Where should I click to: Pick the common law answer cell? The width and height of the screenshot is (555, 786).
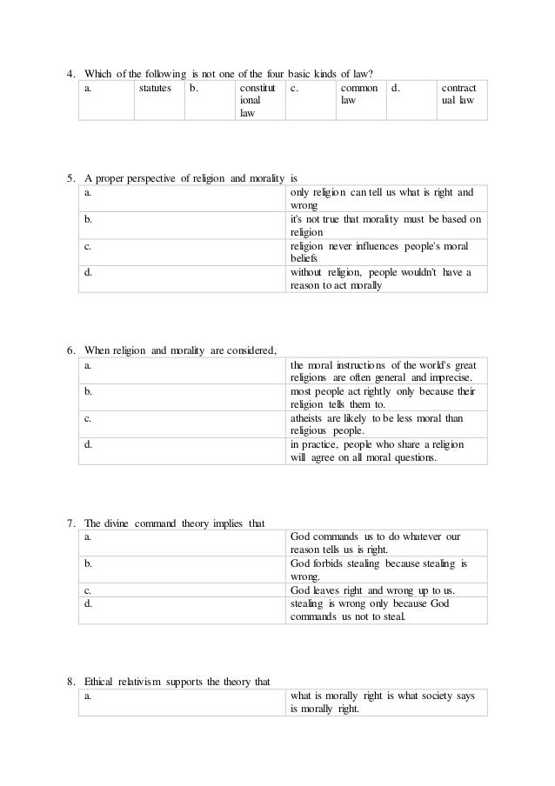[x=353, y=95]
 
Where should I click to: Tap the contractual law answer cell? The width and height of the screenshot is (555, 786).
[x=458, y=95]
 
